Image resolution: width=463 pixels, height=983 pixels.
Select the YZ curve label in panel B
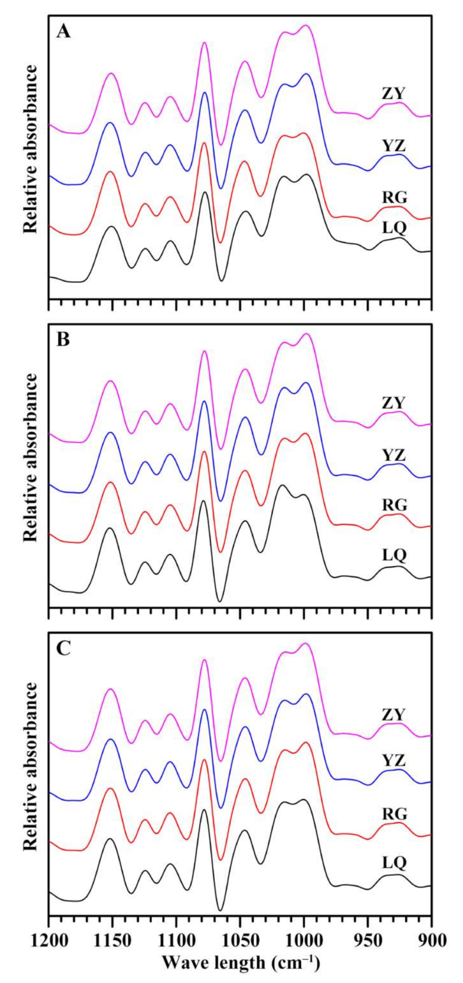point(394,455)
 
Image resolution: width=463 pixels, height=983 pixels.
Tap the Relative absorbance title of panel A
point(31,149)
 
